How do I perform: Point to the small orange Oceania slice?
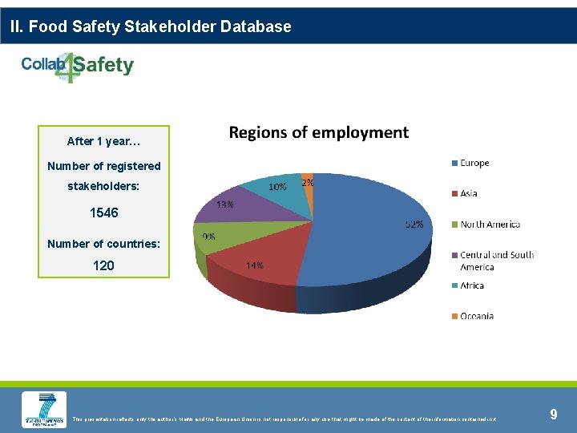click(307, 180)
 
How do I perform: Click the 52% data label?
click(414, 225)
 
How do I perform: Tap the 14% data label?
click(255, 265)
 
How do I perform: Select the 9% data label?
click(208, 237)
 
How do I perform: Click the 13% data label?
click(225, 204)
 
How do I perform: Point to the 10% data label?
click(278, 186)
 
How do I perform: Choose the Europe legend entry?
click(474, 163)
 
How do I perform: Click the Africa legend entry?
click(472, 285)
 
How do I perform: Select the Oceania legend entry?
click(476, 316)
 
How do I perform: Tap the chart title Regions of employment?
click(319, 133)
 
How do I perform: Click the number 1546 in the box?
click(104, 213)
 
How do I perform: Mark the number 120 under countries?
click(103, 265)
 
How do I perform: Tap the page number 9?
click(553, 415)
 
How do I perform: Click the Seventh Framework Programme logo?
click(44, 410)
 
